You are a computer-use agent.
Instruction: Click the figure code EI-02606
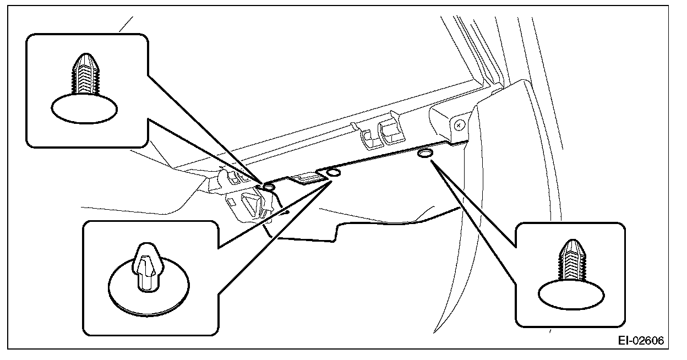pos(640,341)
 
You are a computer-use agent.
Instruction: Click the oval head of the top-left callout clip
pos(85,108)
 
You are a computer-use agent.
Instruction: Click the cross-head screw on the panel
pos(458,125)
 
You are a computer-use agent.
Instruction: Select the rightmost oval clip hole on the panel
pos(425,154)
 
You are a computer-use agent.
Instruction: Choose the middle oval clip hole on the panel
pos(334,174)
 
